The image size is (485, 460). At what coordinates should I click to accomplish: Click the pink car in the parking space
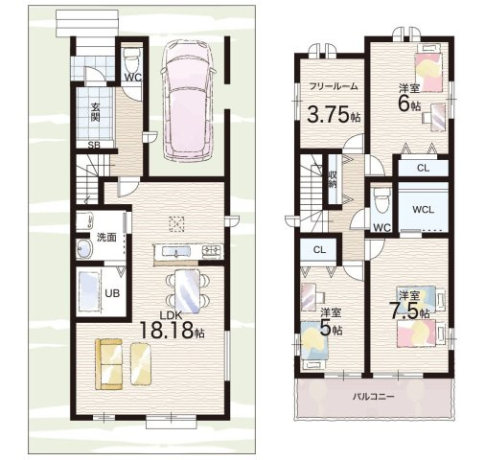188,101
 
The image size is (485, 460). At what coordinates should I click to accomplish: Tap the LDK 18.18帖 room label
172,325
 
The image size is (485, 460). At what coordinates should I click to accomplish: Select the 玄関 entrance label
95,112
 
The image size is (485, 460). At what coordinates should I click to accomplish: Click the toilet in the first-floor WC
130,59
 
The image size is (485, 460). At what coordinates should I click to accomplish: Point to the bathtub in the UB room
88,291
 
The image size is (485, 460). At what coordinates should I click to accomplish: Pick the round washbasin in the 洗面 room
84,248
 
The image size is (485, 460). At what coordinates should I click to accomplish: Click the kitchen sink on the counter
176,252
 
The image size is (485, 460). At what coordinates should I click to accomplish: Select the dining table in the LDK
188,291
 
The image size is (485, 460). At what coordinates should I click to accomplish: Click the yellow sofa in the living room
109,364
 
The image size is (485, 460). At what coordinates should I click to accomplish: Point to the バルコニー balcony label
374,397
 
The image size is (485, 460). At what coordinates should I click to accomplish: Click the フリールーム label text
334,86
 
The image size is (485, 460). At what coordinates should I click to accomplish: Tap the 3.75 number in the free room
328,114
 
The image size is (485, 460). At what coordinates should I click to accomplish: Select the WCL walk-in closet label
423,210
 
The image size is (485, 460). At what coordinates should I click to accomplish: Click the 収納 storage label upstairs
333,179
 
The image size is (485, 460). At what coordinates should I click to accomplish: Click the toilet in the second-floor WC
381,199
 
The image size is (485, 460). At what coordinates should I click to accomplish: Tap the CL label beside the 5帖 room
319,250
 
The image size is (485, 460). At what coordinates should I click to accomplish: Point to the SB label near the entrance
94,146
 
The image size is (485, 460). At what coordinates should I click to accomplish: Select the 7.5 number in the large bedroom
404,310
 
